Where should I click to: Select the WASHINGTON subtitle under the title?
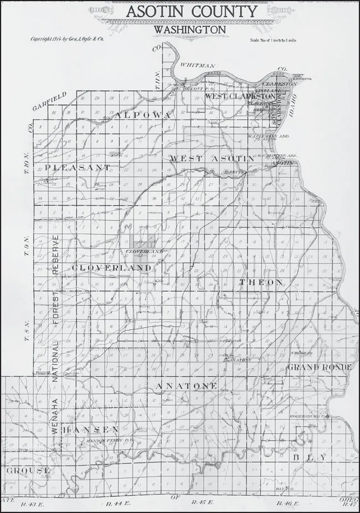click(189, 28)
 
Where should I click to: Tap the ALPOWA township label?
click(141, 115)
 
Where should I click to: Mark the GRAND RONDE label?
click(318, 367)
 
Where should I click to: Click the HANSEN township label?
click(90, 430)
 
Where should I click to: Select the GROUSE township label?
click(28, 470)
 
